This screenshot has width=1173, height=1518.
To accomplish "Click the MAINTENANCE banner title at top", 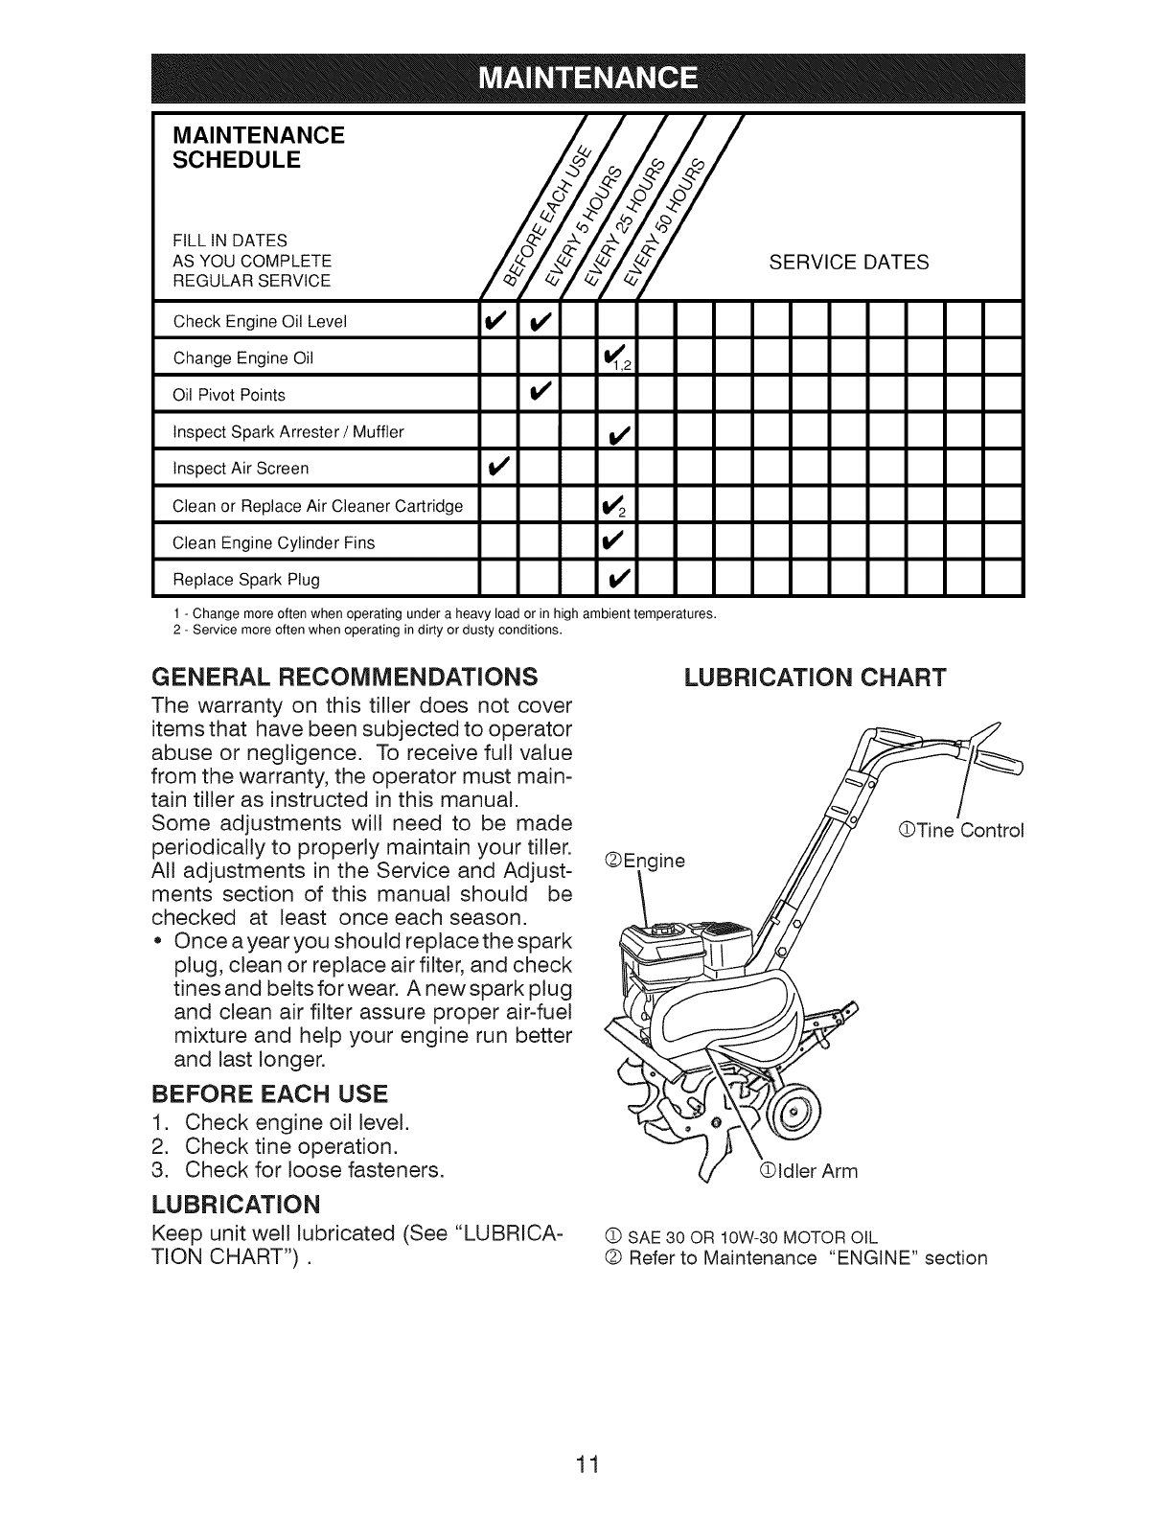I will (x=586, y=78).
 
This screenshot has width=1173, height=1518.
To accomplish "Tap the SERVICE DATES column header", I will (x=849, y=262).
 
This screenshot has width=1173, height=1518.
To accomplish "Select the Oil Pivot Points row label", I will (x=229, y=395).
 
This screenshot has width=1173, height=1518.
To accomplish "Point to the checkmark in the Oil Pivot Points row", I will (x=539, y=394).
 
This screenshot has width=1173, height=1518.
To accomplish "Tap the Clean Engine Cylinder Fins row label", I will (x=273, y=542).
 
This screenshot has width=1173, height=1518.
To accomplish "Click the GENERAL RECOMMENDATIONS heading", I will (x=344, y=677).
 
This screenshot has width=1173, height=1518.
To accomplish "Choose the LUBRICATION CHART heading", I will (x=815, y=677).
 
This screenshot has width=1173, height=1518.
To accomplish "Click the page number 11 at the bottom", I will (x=586, y=1437).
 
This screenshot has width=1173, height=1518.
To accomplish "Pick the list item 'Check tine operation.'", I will (x=290, y=1146).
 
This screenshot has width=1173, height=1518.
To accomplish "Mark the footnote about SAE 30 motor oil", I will (x=749, y=1235).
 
